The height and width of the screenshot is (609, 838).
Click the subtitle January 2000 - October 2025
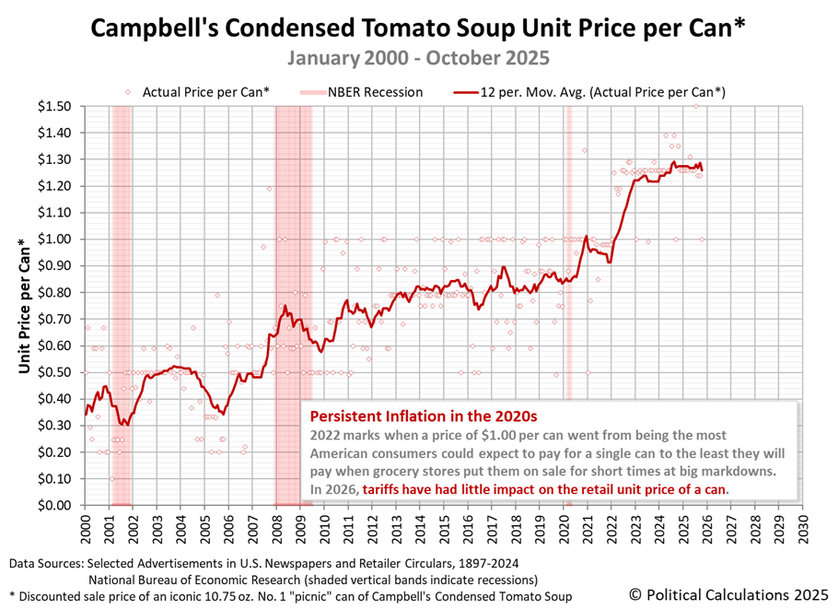(418, 57)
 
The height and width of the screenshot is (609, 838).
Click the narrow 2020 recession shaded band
(568, 276)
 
